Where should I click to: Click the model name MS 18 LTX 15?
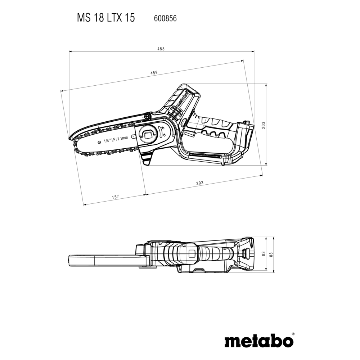tap(105, 18)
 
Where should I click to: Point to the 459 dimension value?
tap(154, 73)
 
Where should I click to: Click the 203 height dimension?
tap(264, 125)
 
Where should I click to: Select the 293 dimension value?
tap(200, 183)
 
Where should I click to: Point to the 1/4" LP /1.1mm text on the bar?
tap(116, 139)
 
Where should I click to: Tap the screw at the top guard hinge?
tap(147, 116)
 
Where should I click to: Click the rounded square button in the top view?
tap(191, 253)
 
